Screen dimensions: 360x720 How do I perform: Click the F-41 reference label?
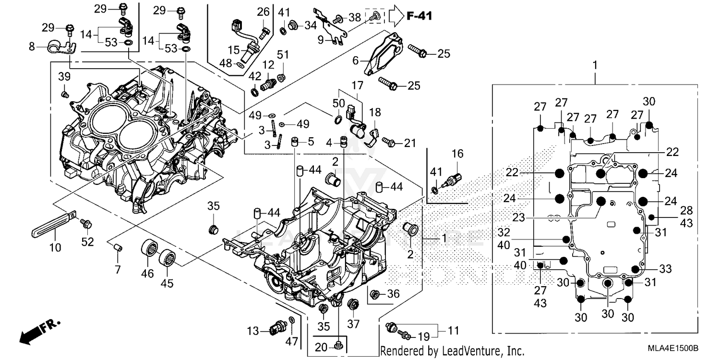tap(419, 16)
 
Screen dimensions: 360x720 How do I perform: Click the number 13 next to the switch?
tap(253, 331)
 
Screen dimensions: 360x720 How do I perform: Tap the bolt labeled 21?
tap(389, 143)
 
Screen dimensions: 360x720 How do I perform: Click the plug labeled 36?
tap(376, 294)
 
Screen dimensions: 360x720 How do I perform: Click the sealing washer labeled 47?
tap(292, 321)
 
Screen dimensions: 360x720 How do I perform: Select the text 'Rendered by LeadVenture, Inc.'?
tap(451, 351)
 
